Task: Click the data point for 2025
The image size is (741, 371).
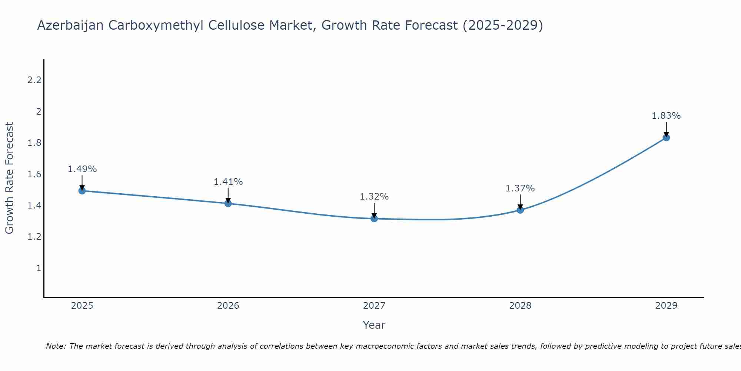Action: (x=82, y=191)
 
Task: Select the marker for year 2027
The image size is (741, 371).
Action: (x=374, y=219)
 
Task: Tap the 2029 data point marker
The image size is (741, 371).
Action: (x=666, y=138)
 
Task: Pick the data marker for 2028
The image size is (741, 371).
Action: (x=520, y=210)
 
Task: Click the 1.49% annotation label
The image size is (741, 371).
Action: (x=82, y=169)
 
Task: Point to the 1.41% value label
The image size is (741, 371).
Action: (x=228, y=182)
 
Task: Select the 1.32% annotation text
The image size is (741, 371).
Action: (x=374, y=197)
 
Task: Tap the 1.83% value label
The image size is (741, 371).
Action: (x=666, y=116)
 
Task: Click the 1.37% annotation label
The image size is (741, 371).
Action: (x=520, y=188)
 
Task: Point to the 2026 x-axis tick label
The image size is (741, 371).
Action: (x=228, y=306)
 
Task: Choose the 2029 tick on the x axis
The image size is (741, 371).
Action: (x=666, y=306)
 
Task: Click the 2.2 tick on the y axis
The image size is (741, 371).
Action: (x=34, y=80)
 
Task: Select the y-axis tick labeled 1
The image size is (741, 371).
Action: (x=39, y=268)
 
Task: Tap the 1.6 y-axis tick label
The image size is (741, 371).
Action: (x=34, y=174)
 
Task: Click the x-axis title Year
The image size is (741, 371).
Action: (x=374, y=325)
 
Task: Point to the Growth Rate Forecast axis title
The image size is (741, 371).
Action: (x=9, y=178)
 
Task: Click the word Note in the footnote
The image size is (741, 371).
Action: (x=55, y=346)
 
